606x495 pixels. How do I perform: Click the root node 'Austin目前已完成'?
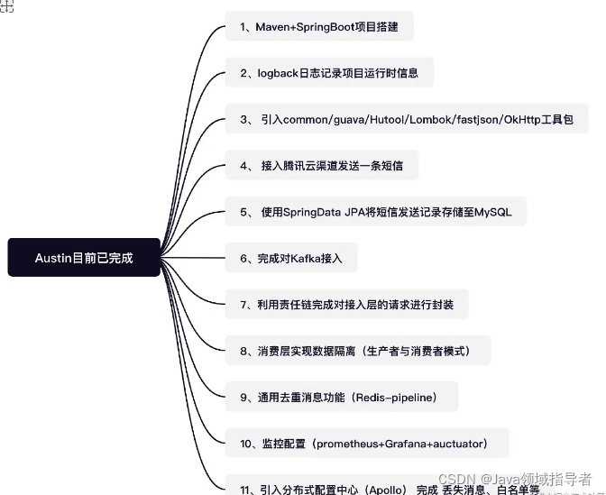pyautogui.click(x=84, y=257)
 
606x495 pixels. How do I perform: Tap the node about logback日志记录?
pyautogui.click(x=329, y=73)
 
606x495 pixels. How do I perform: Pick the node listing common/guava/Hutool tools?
pyautogui.click(x=407, y=120)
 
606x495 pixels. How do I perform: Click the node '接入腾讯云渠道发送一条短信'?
pyautogui.click(x=321, y=166)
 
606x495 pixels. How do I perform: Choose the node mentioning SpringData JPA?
pyautogui.click(x=375, y=213)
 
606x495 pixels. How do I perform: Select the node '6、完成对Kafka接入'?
pyautogui.click(x=290, y=259)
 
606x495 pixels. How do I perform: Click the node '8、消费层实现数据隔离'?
pyautogui.click(x=358, y=351)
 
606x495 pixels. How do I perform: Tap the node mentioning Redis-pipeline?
pyautogui.click(x=342, y=397)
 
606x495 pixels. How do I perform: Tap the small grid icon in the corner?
pyautogui.click(x=7, y=6)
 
